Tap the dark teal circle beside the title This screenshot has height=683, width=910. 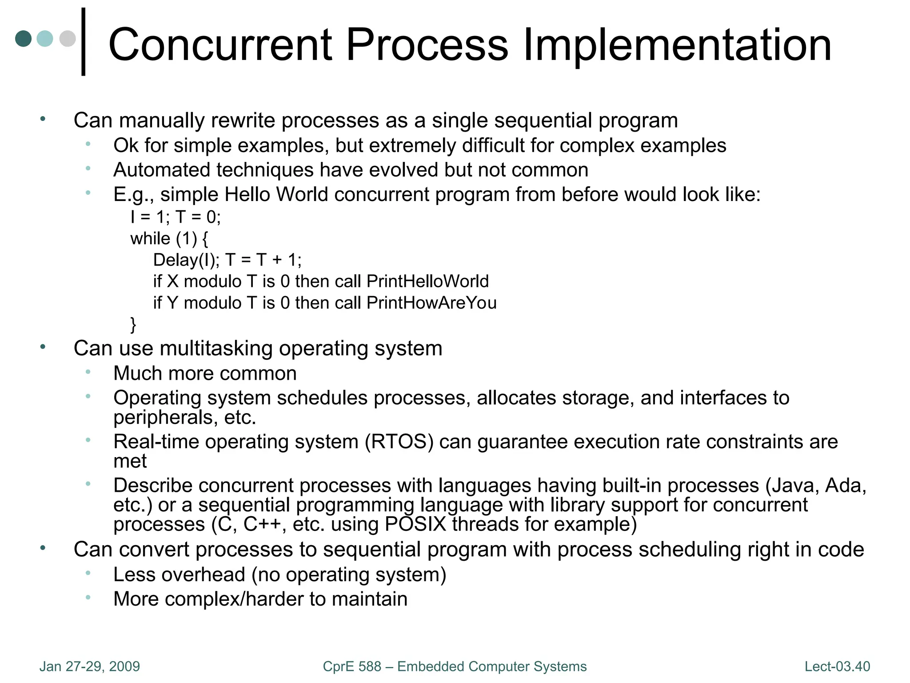coord(24,39)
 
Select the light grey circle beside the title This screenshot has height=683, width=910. coord(68,39)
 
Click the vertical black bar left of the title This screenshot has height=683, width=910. coord(83,42)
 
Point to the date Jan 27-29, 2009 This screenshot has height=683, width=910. coord(89,667)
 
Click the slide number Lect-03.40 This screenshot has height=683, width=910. coord(837,667)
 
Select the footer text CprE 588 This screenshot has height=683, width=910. coord(352,667)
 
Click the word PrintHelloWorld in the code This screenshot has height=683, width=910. coord(427,281)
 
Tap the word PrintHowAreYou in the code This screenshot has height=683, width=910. coord(431,303)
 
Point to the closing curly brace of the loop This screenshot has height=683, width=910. coord(133,325)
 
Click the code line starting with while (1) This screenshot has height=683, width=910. coord(169,239)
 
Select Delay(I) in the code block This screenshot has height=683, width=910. coord(186,260)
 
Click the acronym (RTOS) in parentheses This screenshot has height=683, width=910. coord(399,442)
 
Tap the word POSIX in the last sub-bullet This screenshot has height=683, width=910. coord(415,524)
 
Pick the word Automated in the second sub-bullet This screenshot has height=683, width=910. coord(162,170)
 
